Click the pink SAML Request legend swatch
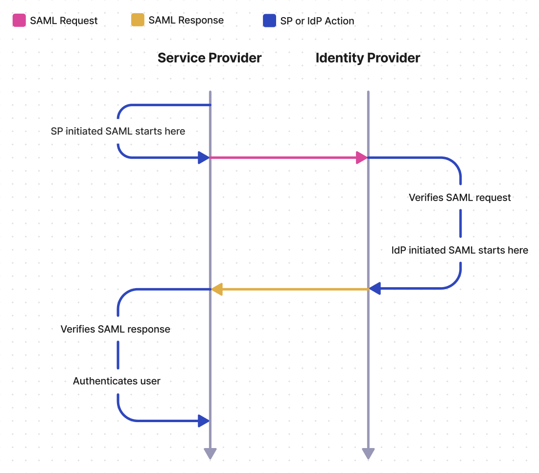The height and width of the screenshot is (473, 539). [19, 20]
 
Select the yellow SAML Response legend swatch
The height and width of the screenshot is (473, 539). [138, 20]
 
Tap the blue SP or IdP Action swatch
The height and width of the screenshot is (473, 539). [269, 21]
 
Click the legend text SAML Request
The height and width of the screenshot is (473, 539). [64, 21]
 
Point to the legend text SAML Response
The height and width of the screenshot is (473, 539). [186, 21]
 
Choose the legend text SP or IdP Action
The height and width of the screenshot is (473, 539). [317, 21]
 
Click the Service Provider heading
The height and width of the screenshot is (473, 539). [210, 58]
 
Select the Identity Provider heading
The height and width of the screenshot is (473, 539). [368, 58]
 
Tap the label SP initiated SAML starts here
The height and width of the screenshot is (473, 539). [118, 131]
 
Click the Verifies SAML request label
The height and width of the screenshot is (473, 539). [460, 198]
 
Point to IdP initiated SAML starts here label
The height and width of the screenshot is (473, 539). [460, 250]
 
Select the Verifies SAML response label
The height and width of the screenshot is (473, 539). [116, 329]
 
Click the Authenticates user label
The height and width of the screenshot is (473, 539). [117, 381]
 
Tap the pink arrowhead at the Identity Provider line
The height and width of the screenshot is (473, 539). [362, 158]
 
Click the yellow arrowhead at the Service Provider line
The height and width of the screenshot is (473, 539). [217, 290]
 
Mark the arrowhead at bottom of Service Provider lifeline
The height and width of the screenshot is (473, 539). [210, 453]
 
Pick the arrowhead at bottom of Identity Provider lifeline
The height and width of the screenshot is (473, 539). [368, 453]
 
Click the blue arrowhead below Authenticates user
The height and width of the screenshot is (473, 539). [203, 420]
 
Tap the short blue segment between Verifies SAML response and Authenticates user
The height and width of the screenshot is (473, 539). [118, 355]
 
